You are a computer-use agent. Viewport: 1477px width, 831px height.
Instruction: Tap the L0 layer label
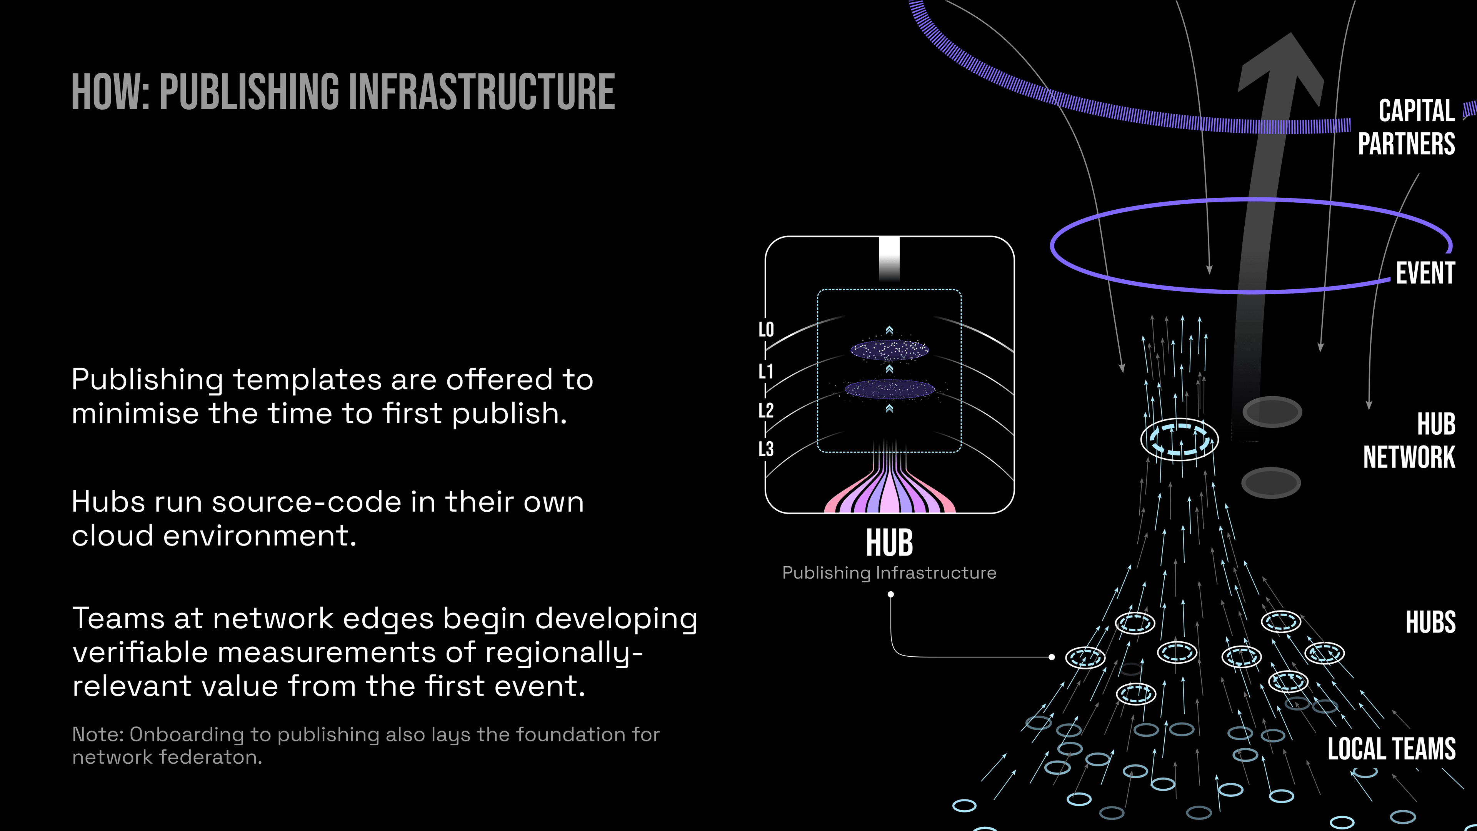766,329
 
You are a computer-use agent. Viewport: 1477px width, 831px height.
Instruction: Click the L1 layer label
766,371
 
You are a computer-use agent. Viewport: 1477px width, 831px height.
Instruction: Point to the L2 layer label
766,410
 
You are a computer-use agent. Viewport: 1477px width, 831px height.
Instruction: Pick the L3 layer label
766,449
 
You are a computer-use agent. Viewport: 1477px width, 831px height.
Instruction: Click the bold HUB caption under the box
889,542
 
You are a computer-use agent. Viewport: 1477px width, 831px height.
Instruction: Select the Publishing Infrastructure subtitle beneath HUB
889,573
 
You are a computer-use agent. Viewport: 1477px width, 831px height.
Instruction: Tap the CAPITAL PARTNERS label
1407,127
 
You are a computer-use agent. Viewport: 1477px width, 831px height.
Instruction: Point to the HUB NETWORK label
1409,441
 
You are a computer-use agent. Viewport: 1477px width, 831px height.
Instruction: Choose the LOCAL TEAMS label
1392,749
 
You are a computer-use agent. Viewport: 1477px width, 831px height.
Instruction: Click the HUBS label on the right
1430,622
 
